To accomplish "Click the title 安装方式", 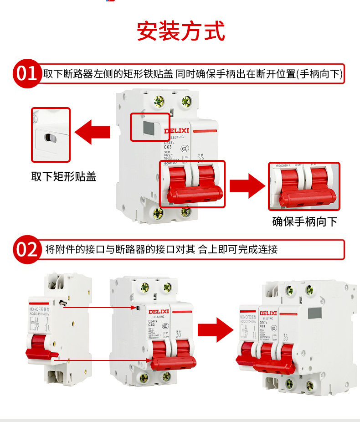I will point(181,31).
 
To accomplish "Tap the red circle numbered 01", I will point(26,73).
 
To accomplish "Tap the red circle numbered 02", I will point(26,249).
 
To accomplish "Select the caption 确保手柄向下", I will point(304,221).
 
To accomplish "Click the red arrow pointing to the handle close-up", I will point(247,186).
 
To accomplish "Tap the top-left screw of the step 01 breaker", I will point(159,102).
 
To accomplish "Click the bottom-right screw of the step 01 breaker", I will point(185,211).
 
